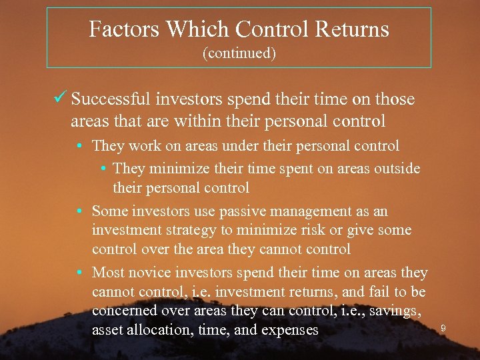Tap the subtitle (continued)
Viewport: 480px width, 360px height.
point(239,53)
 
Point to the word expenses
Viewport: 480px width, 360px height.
point(289,329)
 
